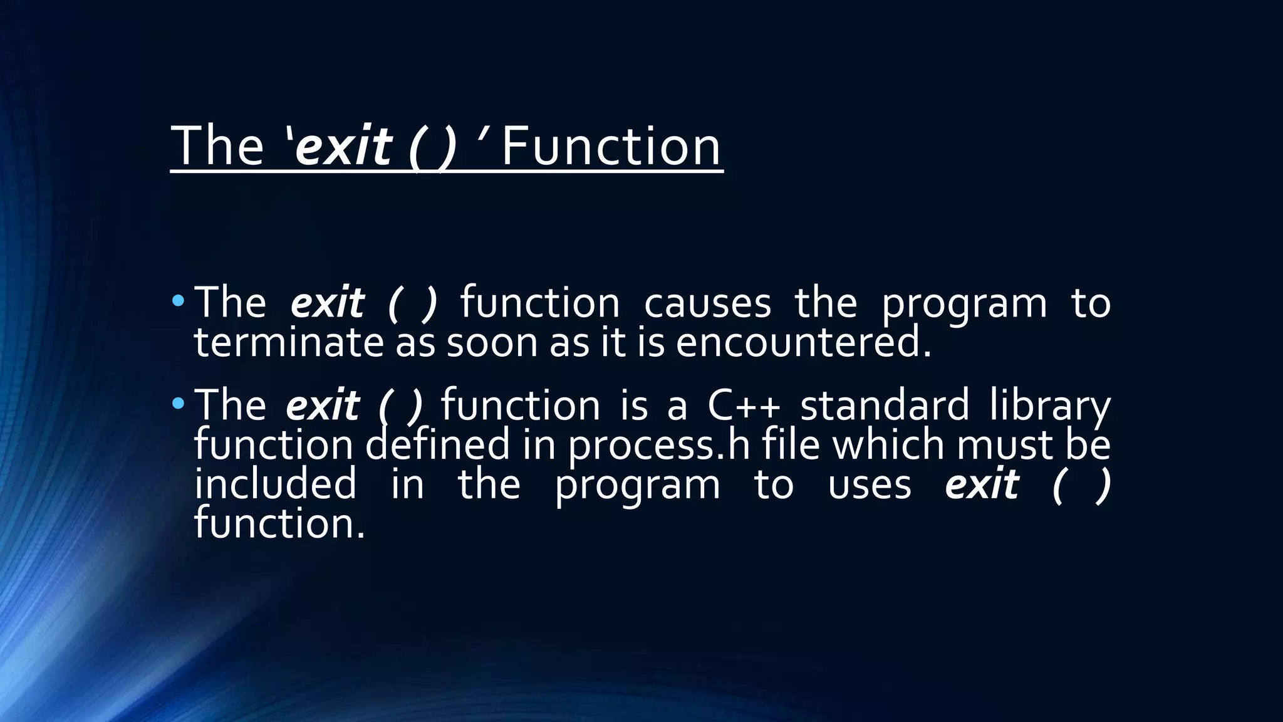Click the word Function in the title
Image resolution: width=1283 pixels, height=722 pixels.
point(611,146)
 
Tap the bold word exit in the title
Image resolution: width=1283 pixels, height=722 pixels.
point(343,146)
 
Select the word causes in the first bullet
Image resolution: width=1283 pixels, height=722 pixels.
point(707,303)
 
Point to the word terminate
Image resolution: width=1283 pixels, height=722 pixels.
point(288,343)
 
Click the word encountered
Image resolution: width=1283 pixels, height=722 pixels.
point(803,343)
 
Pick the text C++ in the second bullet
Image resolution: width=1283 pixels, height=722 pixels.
point(744,405)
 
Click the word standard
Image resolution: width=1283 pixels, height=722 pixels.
point(885,405)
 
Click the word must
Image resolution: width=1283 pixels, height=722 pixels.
point(1005,445)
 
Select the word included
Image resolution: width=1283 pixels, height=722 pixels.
point(276,484)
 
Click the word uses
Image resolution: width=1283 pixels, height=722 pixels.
point(870,485)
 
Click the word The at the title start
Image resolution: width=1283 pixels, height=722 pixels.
point(217,146)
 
